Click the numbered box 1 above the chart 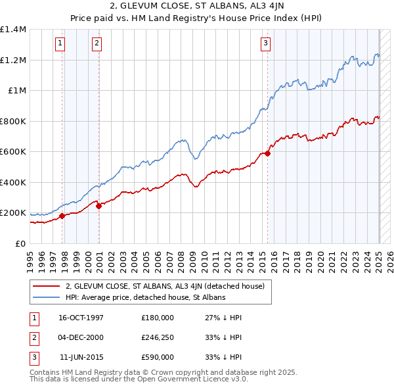coord(60,44)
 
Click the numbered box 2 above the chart coord(97,44)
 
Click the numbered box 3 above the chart coord(265,44)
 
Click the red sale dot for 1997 coord(62,216)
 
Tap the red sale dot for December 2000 coord(98,206)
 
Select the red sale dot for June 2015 coord(268,153)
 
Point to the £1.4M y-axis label coord(13,30)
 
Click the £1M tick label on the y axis coord(16,91)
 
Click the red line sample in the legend coord(46,286)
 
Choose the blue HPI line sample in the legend coord(46,297)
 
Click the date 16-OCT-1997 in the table coord(81,317)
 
